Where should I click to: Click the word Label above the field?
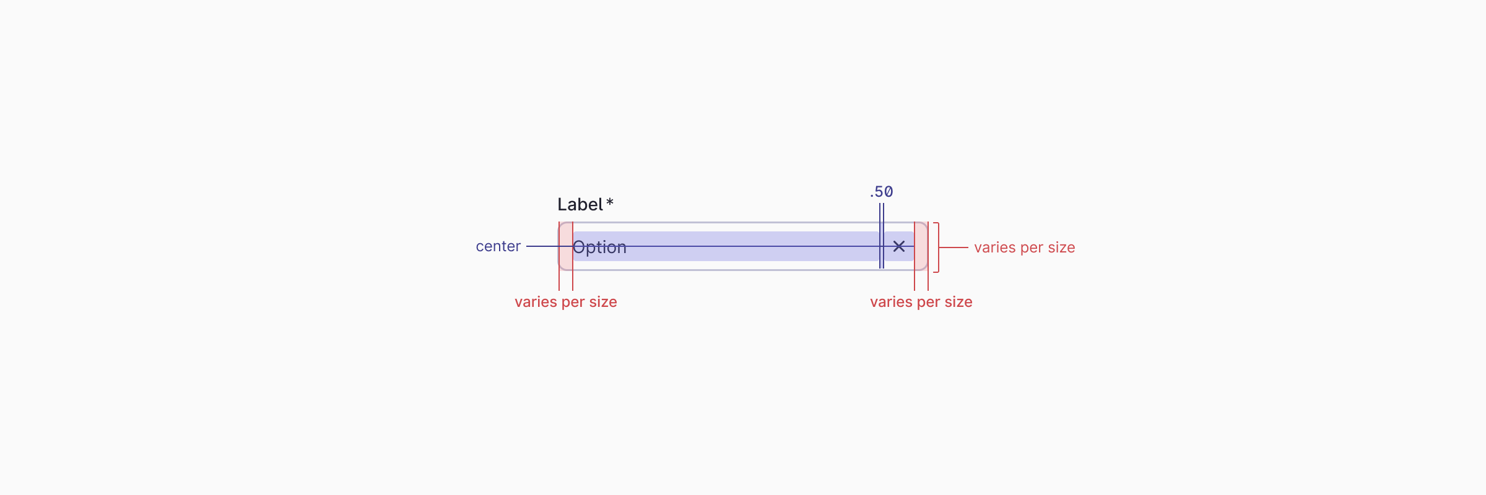580,205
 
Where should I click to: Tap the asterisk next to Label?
610,203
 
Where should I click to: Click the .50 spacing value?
881,192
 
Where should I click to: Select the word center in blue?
498,246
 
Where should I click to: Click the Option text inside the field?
599,247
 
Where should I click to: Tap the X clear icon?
899,246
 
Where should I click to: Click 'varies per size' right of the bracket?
1024,247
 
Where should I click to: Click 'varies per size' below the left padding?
565,302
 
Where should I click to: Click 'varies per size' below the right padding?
921,302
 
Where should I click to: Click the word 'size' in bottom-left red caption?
603,302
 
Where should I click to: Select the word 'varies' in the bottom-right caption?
891,302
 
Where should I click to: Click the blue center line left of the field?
542,246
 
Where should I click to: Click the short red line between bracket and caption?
954,247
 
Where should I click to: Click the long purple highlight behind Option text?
743,238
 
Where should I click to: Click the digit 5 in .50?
879,192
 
